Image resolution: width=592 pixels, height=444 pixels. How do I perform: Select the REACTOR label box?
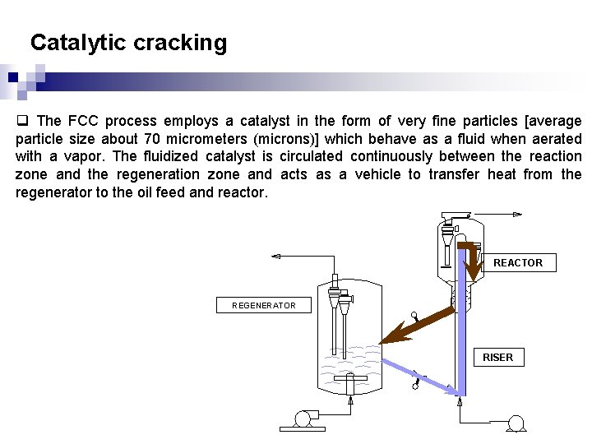[x=517, y=262]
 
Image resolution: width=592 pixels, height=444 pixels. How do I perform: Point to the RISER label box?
[x=497, y=357]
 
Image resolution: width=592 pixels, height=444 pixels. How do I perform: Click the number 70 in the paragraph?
[x=151, y=138]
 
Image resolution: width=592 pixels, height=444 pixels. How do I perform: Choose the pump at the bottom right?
[x=516, y=423]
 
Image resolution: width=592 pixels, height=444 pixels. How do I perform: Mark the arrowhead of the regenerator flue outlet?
[x=275, y=257]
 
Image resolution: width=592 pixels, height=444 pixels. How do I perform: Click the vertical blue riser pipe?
[x=461, y=329]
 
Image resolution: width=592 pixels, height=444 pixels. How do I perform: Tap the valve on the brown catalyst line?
[x=416, y=316]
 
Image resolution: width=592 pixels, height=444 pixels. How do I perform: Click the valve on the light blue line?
[x=417, y=382]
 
